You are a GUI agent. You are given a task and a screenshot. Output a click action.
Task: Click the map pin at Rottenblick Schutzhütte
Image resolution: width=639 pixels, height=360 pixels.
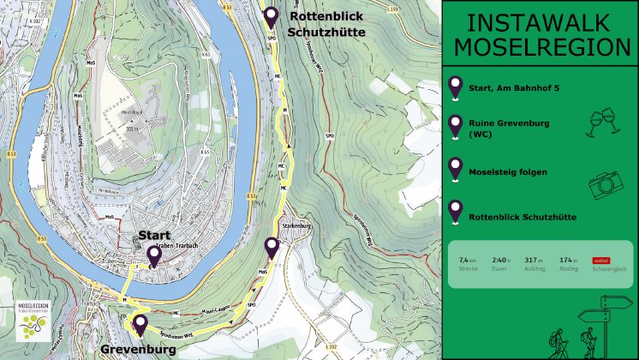coord(271,17)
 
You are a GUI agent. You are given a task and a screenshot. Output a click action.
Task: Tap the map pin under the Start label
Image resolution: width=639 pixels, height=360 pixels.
coord(154,255)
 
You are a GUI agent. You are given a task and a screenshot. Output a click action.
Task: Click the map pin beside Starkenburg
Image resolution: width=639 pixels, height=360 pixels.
coord(272,248)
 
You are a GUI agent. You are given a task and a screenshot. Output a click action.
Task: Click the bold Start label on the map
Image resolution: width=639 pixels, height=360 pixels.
coord(155,235)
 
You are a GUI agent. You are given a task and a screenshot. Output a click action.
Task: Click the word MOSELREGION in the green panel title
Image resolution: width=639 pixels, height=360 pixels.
coord(539,46)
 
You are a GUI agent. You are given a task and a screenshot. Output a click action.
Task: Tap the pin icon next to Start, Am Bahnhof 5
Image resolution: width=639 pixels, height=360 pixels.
coord(455,87)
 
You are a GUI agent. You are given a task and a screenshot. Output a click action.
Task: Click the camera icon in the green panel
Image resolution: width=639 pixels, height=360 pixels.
coord(606,183)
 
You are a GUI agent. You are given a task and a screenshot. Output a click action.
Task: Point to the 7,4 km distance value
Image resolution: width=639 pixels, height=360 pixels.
coord(467,259)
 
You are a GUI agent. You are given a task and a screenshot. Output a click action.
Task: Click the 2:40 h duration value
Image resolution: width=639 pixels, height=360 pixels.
coord(501,259)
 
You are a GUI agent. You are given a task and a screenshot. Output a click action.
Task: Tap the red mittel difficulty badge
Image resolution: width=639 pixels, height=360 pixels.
coord(601,259)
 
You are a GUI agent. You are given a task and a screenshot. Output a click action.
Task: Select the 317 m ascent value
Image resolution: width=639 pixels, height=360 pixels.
coord(535,259)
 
